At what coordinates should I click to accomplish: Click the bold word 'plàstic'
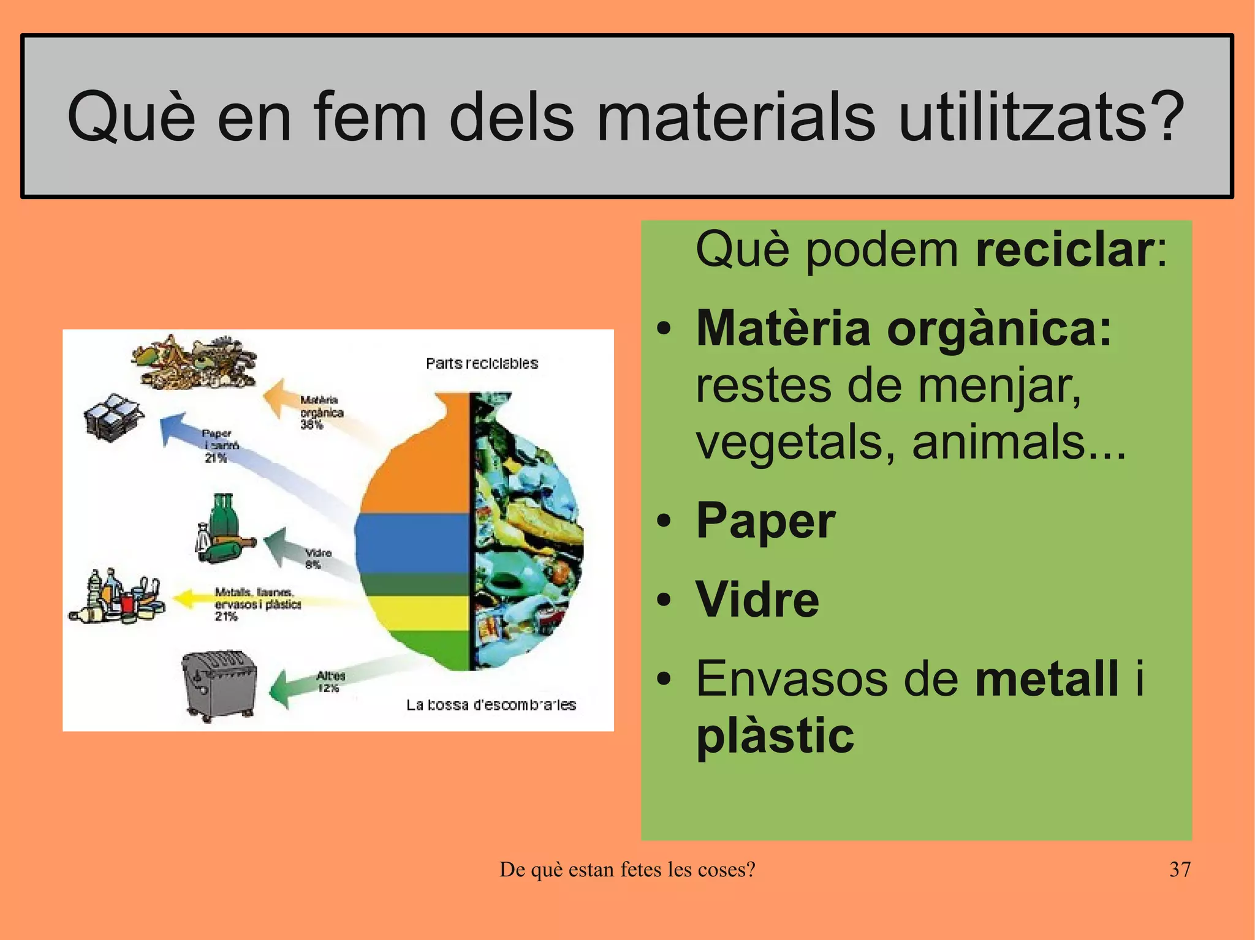[x=775, y=735]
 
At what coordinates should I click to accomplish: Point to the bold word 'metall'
[x=1047, y=679]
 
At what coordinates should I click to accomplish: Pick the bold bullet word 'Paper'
[x=765, y=521]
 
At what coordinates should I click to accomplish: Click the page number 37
[x=1180, y=869]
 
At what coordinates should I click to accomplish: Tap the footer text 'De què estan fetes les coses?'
[x=627, y=869]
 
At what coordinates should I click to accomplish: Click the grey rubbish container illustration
[x=219, y=683]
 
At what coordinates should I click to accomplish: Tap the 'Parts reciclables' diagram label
[x=482, y=364]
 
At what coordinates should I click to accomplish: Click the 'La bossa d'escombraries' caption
[x=491, y=705]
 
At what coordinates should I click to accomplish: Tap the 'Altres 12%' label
[x=330, y=682]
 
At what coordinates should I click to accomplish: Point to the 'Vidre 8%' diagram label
[x=317, y=558]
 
